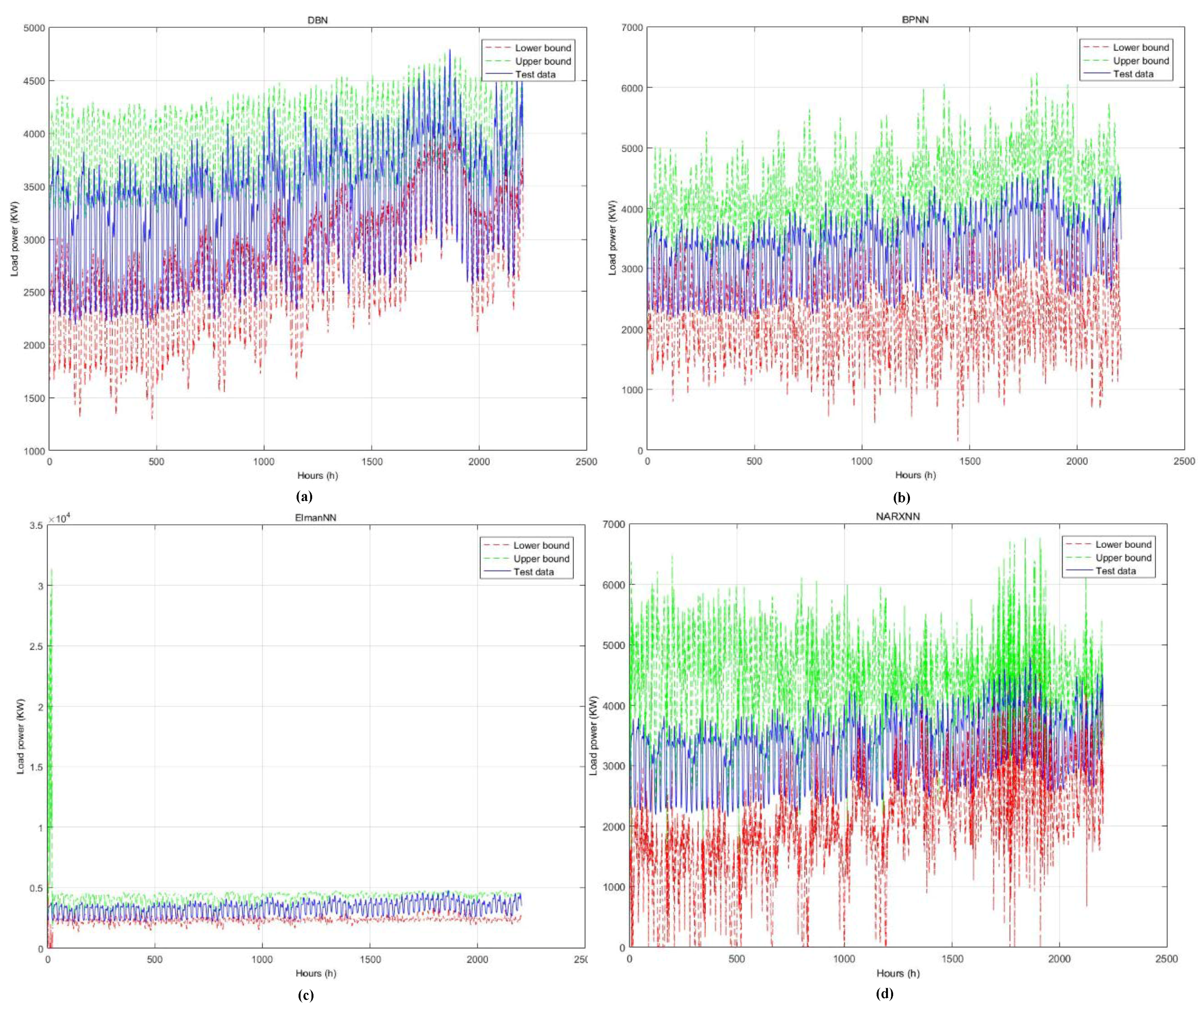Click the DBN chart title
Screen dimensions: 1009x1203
click(317, 20)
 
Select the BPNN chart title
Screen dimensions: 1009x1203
click(915, 19)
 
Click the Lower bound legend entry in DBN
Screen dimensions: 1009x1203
click(542, 48)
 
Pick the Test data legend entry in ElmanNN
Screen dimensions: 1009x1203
click(533, 572)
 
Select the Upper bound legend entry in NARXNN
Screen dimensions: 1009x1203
click(1123, 558)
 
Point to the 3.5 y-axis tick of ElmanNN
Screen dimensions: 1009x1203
click(35, 525)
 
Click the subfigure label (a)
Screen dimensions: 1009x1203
click(304, 496)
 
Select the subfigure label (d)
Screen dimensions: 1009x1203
click(884, 993)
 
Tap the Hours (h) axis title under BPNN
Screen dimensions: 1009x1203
click(915, 475)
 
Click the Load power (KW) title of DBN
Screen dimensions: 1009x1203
click(15, 239)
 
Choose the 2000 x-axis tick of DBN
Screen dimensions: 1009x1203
click(478, 462)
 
